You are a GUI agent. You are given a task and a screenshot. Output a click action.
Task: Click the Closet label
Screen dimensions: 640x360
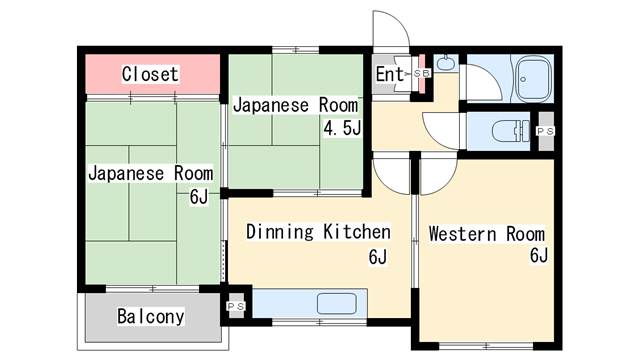pyautogui.click(x=150, y=74)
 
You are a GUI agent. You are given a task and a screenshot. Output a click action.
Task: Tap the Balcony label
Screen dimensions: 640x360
pyautogui.click(x=151, y=316)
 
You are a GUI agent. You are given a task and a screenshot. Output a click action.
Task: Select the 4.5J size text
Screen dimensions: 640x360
pyautogui.click(x=342, y=129)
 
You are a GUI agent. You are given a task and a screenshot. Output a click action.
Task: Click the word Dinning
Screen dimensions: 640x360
pyautogui.click(x=280, y=232)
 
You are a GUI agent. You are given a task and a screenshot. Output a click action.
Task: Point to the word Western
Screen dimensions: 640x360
pyautogui.click(x=462, y=234)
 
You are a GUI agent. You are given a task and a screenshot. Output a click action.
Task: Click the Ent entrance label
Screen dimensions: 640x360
pyautogui.click(x=389, y=74)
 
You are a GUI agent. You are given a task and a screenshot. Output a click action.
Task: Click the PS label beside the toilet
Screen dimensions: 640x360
pyautogui.click(x=545, y=131)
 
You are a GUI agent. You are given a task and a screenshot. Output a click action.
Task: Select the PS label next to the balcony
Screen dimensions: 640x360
pyautogui.click(x=236, y=306)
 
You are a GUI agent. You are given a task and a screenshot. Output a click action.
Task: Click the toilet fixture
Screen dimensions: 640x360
pyautogui.click(x=510, y=131)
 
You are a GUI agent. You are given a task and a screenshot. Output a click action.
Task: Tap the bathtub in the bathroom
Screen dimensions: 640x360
pyautogui.click(x=534, y=79)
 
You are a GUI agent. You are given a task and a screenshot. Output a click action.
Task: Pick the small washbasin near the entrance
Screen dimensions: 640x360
pyautogui.click(x=443, y=63)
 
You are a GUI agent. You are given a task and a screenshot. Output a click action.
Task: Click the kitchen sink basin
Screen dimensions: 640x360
pyautogui.click(x=336, y=304)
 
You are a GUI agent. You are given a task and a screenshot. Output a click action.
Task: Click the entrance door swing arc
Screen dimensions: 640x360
pyautogui.click(x=399, y=20)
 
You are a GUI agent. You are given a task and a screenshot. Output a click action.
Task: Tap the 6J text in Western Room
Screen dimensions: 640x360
pyautogui.click(x=538, y=256)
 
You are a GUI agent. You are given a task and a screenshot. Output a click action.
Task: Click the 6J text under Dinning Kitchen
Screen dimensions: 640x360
pyautogui.click(x=378, y=257)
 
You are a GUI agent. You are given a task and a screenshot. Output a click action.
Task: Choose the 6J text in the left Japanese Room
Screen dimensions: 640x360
pyautogui.click(x=199, y=197)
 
